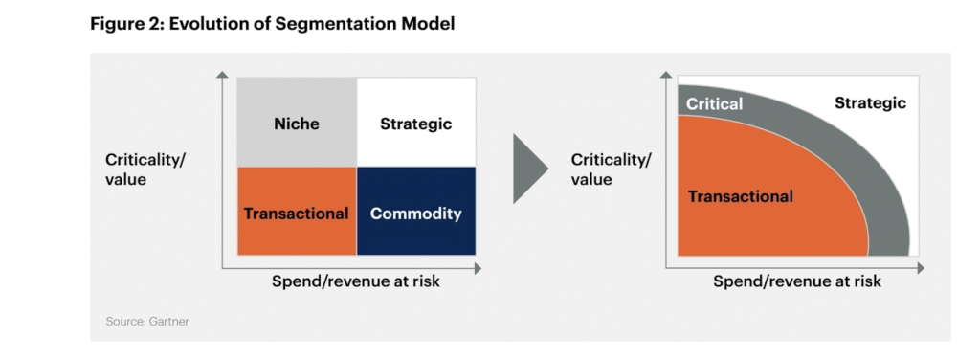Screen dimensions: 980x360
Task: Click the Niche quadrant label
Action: (x=297, y=124)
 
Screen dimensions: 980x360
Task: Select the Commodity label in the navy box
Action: (x=415, y=214)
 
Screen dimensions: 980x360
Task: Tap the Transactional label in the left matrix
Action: (x=297, y=214)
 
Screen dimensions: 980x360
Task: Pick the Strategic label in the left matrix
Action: (x=415, y=124)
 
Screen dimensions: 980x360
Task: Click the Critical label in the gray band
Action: (x=714, y=103)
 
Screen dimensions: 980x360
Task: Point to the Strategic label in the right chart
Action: (x=870, y=103)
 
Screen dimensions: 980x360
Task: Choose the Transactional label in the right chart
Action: (x=741, y=197)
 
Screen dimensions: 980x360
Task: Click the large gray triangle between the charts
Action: (x=530, y=169)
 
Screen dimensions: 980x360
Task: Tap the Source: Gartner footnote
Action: (x=146, y=322)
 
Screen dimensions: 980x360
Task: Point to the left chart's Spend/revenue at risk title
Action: (x=356, y=281)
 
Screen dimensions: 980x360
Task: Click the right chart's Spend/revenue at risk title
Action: (x=797, y=281)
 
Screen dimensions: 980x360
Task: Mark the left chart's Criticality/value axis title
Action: (x=145, y=169)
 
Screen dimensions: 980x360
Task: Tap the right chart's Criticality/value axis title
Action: (x=611, y=169)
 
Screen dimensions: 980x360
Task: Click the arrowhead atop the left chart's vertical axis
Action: (x=222, y=75)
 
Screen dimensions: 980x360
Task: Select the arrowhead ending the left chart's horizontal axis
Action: (x=479, y=269)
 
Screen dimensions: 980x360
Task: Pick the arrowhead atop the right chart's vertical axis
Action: (x=666, y=75)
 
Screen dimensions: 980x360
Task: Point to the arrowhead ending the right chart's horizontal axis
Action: (x=920, y=269)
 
